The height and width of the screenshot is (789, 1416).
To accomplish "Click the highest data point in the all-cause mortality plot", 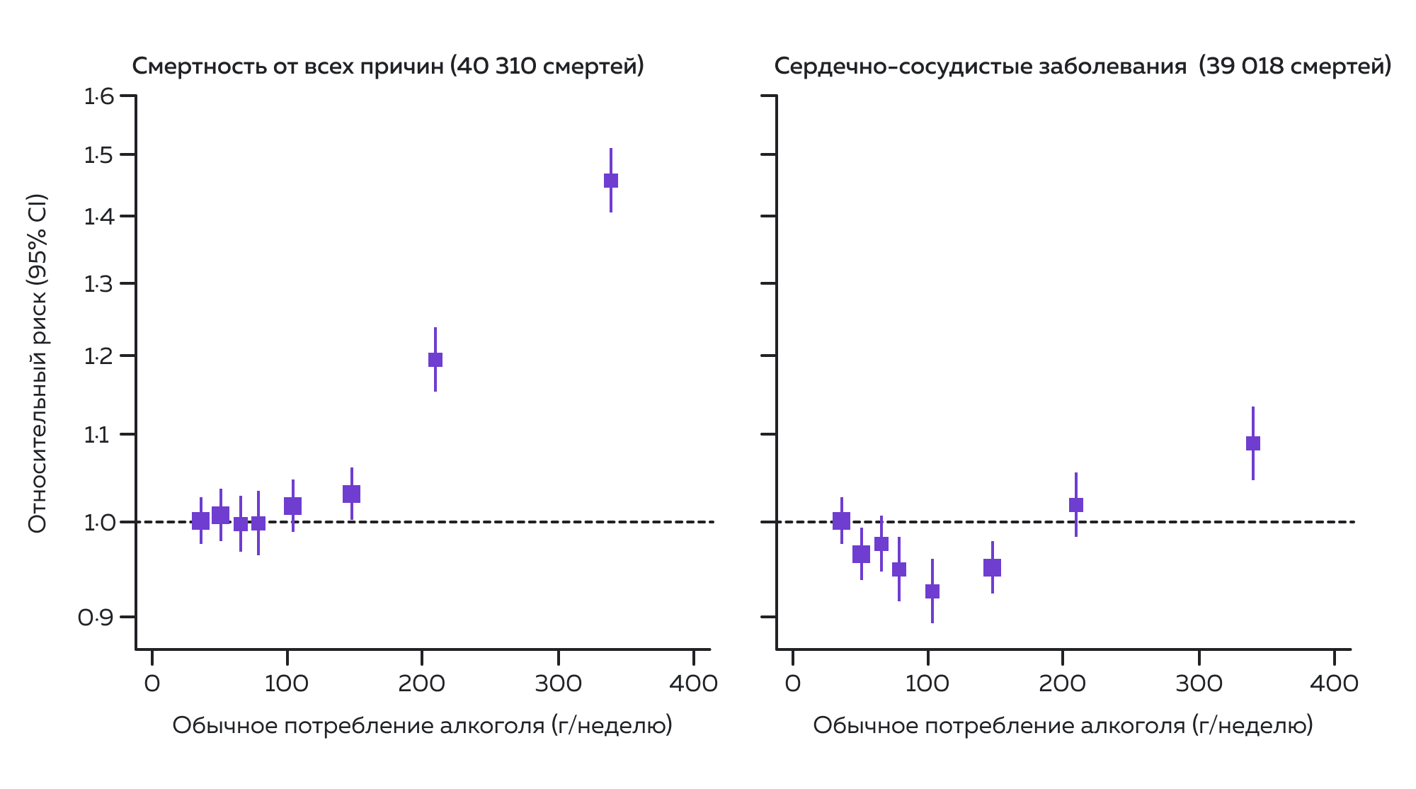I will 611,181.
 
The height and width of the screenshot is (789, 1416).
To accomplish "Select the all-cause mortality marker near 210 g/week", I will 435,360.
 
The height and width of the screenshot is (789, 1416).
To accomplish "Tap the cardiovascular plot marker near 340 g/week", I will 1253,443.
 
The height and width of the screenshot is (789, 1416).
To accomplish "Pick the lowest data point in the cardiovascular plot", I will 932,591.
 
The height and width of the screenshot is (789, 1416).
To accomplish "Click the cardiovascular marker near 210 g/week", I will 1076,505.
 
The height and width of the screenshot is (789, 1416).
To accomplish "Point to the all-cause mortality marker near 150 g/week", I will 352,494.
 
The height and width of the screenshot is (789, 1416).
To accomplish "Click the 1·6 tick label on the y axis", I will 98,96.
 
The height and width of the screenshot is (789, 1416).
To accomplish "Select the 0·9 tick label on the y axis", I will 96,618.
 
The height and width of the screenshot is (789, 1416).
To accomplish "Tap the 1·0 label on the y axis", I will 98,523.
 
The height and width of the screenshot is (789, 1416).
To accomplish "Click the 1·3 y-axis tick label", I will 98,285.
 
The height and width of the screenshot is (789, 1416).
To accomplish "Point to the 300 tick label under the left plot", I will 559,684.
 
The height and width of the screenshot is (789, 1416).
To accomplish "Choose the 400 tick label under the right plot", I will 1334,684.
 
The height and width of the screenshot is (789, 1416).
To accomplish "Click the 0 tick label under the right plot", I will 793,684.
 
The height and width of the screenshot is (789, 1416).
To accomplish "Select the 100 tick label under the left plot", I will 286,684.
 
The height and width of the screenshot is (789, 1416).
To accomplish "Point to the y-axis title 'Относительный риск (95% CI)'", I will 38,363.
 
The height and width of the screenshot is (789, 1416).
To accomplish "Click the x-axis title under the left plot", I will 422,726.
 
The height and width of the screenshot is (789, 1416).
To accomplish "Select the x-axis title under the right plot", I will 1063,726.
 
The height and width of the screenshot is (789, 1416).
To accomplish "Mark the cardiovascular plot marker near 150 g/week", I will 993,567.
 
